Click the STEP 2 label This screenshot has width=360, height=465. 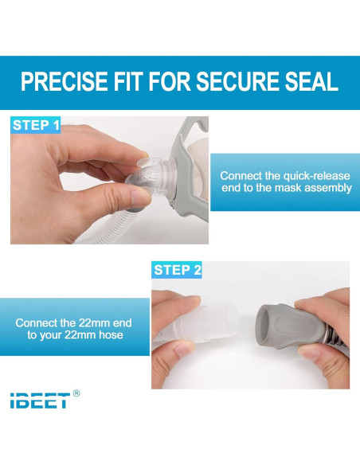pyautogui.click(x=178, y=270)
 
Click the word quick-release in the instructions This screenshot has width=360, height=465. pyautogui.click(x=311, y=175)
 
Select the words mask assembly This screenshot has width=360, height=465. pyautogui.click(x=311, y=188)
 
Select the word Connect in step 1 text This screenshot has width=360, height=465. pyautogui.click(x=240, y=175)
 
